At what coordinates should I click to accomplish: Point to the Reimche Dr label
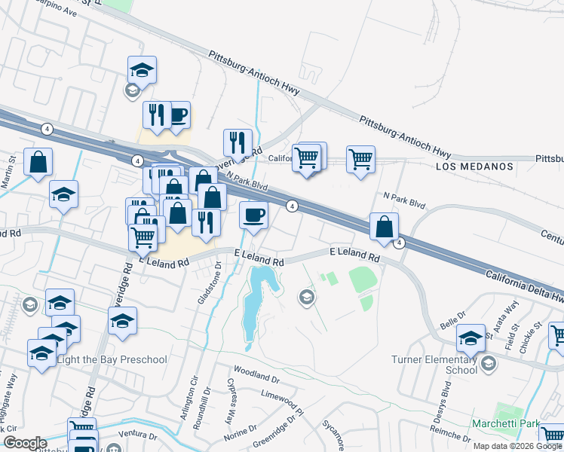[495, 441]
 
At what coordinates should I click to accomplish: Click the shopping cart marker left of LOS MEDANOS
[360, 159]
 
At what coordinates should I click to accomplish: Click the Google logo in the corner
[25, 443]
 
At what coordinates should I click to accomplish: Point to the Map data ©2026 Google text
[516, 446]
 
